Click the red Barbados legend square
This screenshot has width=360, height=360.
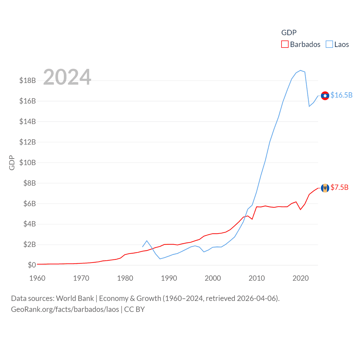[x=285, y=44]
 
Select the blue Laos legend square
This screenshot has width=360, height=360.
[x=329, y=44]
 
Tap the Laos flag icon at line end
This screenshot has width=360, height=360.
[x=325, y=96]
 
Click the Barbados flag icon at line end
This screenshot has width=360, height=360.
[x=325, y=188]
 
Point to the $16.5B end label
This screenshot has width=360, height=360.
[x=341, y=95]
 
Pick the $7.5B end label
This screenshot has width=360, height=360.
[x=339, y=187]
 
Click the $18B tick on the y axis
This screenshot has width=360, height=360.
[x=28, y=80]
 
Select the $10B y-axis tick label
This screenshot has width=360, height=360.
[x=28, y=163]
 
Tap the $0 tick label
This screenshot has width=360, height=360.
[x=32, y=265]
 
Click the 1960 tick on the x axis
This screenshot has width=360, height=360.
[x=37, y=278]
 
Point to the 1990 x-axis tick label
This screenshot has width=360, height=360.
[x=169, y=278]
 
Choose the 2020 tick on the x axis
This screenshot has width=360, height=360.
[x=301, y=278]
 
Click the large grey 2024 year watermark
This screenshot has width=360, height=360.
[x=67, y=77]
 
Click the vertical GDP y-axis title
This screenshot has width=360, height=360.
[x=12, y=163]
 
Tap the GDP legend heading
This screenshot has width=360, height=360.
[x=289, y=33]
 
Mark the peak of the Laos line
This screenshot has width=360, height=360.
[x=301, y=70]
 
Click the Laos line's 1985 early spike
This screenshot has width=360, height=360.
[x=147, y=241]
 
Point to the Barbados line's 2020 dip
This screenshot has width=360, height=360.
[x=301, y=210]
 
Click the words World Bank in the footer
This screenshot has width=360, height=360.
[x=75, y=298]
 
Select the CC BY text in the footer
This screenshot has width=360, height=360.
[x=134, y=309]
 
